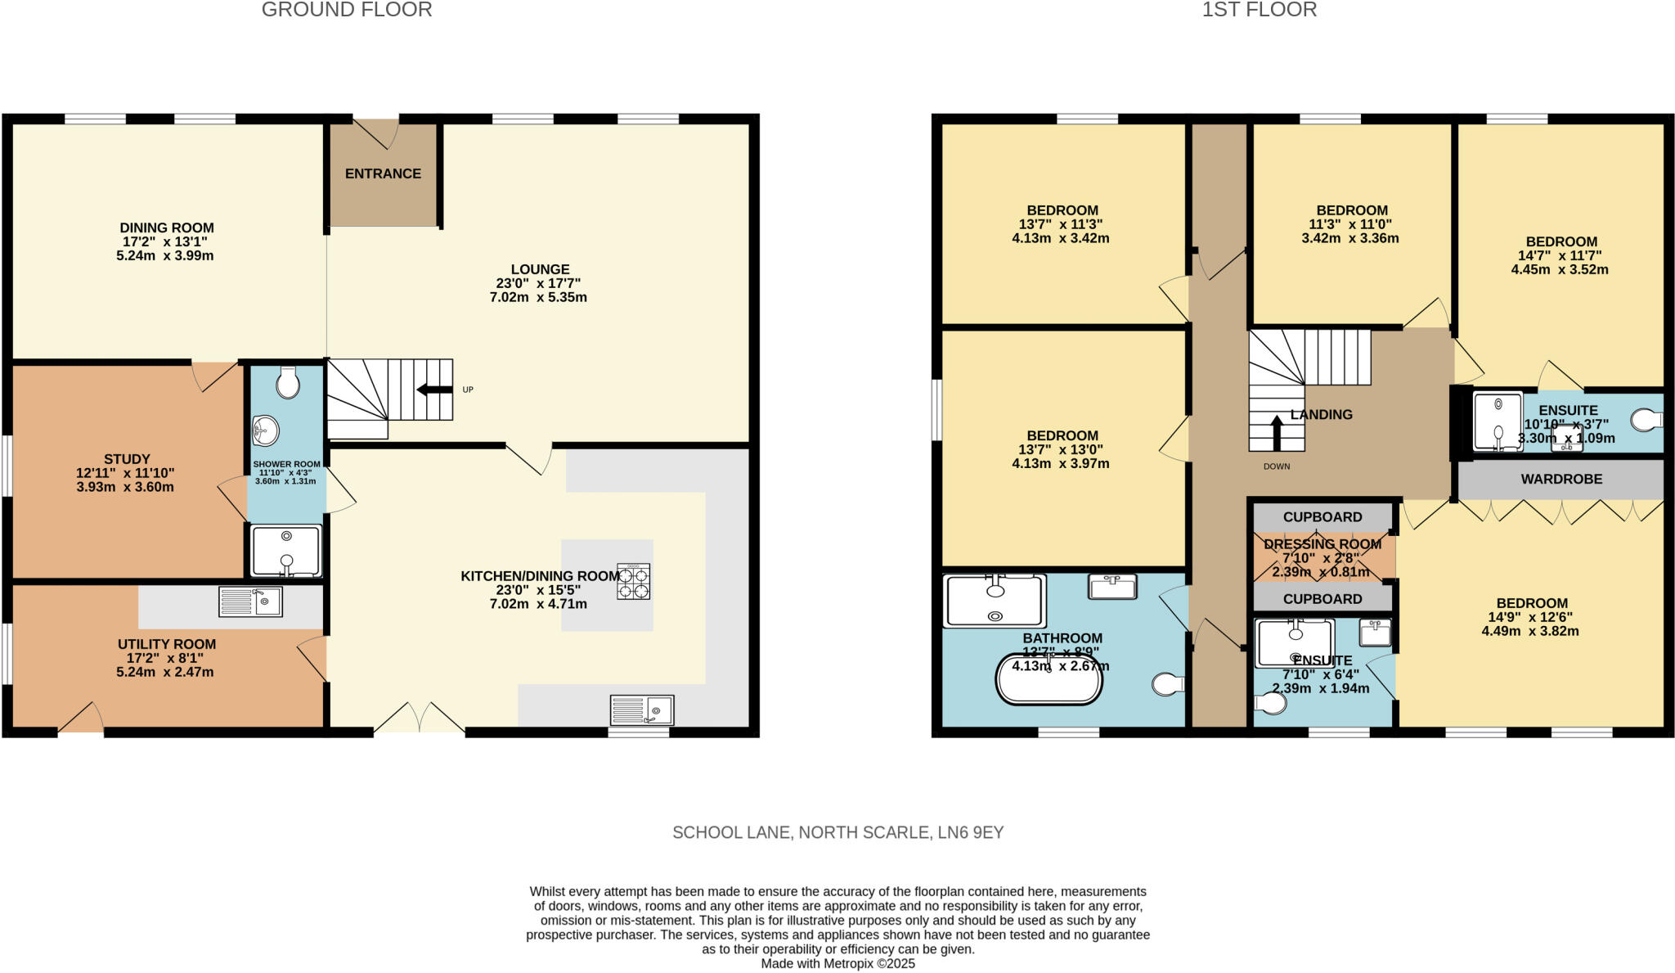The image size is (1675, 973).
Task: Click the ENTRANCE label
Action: [x=383, y=173]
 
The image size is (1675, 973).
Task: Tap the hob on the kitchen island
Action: [x=633, y=582]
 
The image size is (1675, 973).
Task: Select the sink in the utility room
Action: [x=250, y=601]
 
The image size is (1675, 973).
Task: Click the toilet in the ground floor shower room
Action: [x=288, y=382]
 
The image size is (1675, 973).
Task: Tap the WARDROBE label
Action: [x=1561, y=479]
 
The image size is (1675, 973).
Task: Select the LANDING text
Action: [x=1321, y=415]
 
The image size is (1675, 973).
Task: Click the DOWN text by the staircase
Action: [x=1276, y=466]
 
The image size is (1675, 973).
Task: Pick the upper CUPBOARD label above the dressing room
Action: [x=1322, y=517]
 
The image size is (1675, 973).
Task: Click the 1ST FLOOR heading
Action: [x=1259, y=10]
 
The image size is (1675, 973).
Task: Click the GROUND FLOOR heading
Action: [x=347, y=10]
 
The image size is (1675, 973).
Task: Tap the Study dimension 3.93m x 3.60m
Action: [x=125, y=487]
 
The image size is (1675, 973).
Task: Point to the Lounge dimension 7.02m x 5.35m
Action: [x=538, y=297]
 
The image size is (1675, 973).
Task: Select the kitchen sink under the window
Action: [x=642, y=709]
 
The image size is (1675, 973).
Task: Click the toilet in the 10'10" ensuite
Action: [x=1646, y=421]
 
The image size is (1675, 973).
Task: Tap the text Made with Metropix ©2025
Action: [x=837, y=964]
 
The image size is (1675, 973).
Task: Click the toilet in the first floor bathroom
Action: [x=1168, y=684]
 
